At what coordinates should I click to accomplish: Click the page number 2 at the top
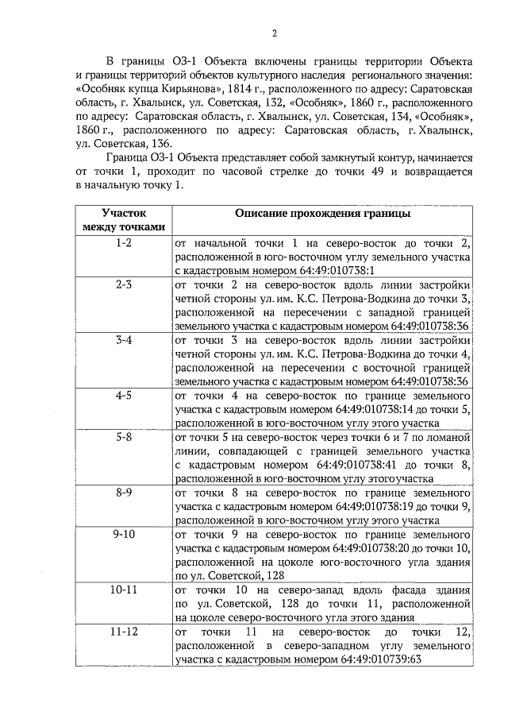[x=274, y=33]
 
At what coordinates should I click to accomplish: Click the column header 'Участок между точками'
[x=124, y=220]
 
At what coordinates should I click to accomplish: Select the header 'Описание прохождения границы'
[x=322, y=214]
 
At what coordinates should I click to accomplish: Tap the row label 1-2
[x=124, y=242]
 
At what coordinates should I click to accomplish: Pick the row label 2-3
[x=124, y=284]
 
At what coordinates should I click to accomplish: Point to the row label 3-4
[x=124, y=339]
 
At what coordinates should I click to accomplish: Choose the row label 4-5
[x=124, y=395]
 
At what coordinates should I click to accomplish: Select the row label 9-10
[x=124, y=534]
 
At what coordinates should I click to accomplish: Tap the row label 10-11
[x=124, y=590]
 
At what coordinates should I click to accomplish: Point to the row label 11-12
[x=124, y=632]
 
